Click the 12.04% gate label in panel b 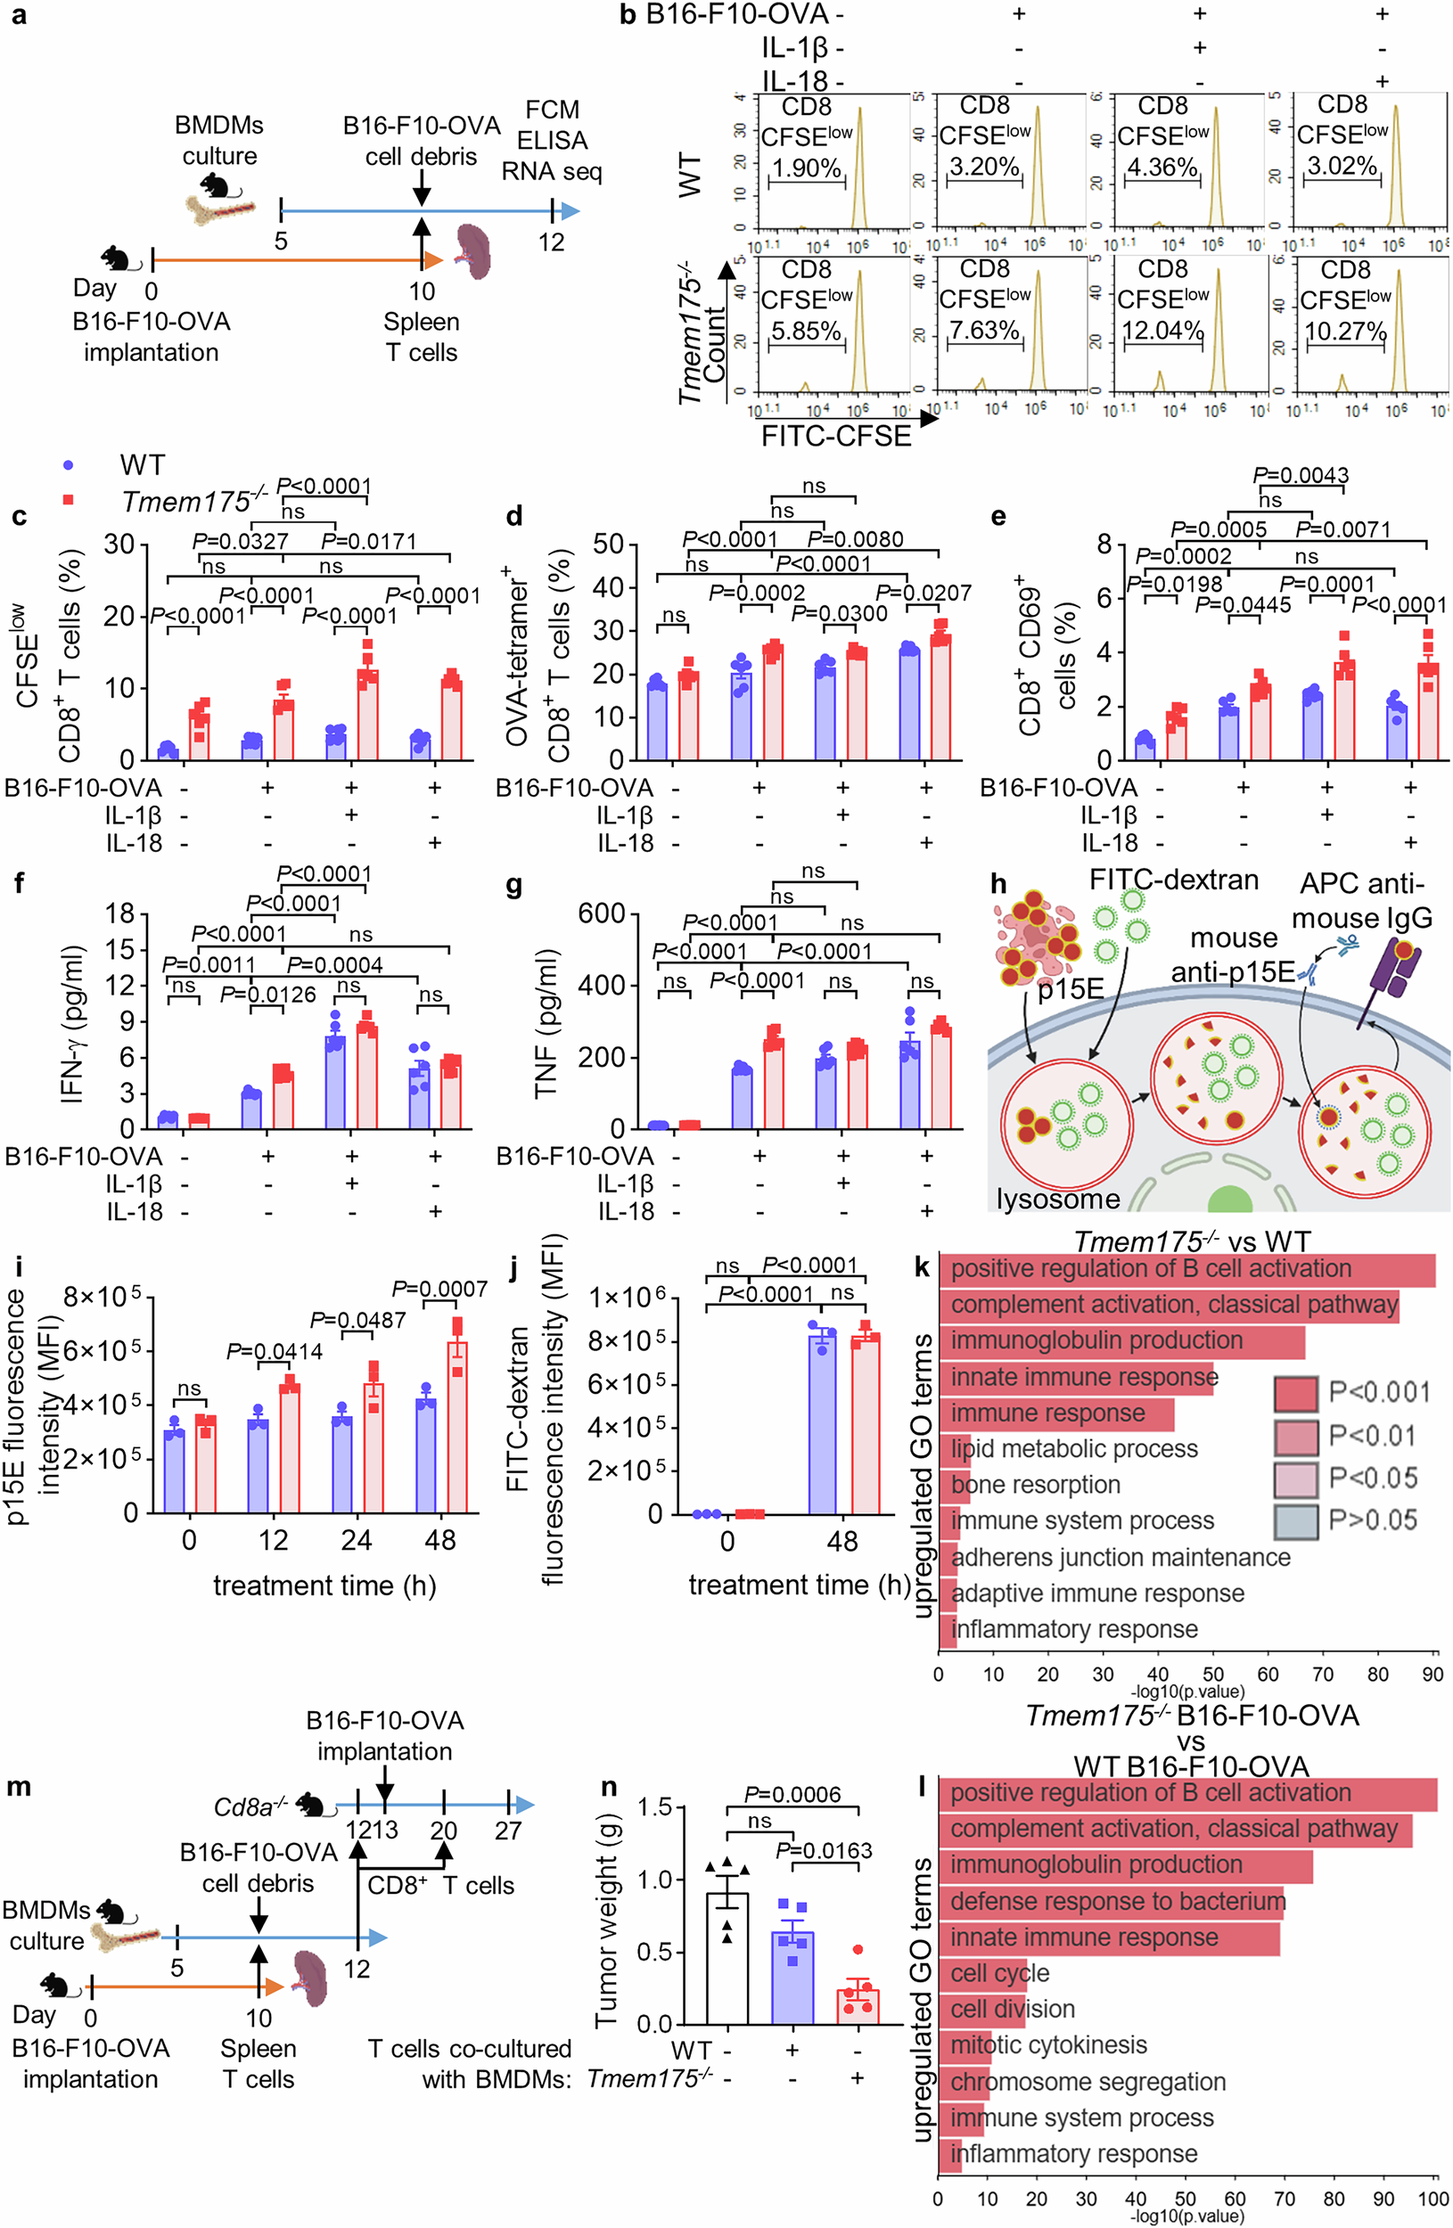[1162, 332]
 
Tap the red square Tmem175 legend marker [68, 500]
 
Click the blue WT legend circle [68, 465]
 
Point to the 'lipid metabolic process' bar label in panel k [1074, 1449]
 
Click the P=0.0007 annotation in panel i [439, 1290]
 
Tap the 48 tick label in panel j [841, 1542]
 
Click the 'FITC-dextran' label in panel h [1173, 880]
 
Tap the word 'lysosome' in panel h [1058, 1200]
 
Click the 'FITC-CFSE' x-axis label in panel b [835, 436]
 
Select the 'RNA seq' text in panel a [552, 171]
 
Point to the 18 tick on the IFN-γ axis [119, 914]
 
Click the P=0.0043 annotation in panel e [1301, 476]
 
